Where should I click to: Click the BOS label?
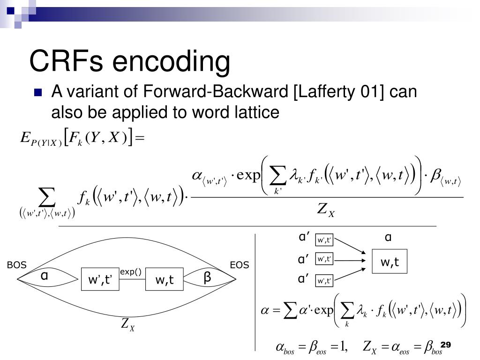coord(16,266)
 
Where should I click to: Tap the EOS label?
coord(239,266)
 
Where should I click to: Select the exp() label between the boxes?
coord(131,272)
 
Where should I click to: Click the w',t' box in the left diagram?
coord(100,280)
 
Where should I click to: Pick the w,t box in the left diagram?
coord(165,280)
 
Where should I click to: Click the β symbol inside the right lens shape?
coord(207,277)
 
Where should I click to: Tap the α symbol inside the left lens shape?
coord(44,277)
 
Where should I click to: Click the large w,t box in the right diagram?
coord(390,262)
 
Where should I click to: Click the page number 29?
coord(445,345)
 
